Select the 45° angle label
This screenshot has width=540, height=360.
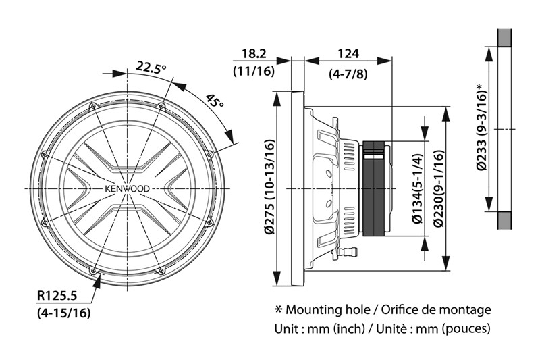pos(214,101)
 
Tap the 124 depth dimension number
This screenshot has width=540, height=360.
pos(348,53)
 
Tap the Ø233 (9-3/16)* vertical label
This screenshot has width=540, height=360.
pos(480,128)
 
